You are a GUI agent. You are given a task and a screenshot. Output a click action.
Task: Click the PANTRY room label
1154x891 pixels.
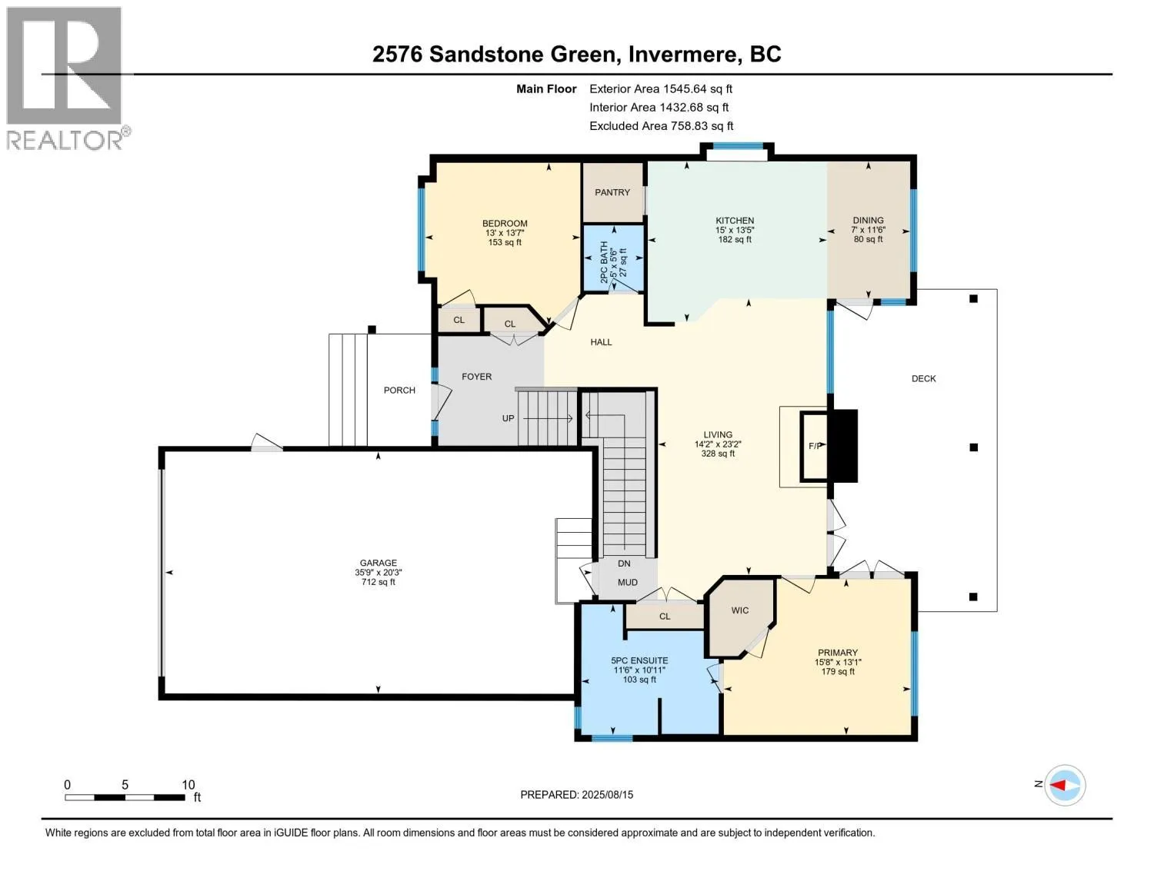coord(612,192)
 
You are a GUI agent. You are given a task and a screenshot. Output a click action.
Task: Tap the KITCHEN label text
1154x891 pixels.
coord(735,220)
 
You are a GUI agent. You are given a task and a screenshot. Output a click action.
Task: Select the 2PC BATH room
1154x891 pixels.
coord(613,258)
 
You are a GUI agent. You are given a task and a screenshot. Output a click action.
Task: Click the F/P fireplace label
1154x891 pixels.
coord(815,446)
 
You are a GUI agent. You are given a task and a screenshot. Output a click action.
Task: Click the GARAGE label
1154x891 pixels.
coord(378,563)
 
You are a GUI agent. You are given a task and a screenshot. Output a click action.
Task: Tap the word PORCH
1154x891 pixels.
coord(399,390)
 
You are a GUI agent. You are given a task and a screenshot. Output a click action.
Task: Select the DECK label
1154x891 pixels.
coord(923,378)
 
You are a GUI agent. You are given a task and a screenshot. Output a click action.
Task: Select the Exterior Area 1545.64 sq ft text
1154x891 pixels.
coord(661,88)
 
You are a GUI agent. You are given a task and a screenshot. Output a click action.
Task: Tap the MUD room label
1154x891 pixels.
coord(627,582)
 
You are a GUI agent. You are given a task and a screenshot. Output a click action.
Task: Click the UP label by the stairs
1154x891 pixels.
coord(509,418)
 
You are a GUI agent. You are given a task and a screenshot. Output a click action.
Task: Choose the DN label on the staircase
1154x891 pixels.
coord(624,564)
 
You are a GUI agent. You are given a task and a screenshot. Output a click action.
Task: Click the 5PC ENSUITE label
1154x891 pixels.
coord(639,660)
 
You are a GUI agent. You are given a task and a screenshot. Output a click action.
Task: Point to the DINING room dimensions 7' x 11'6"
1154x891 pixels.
coord(869,230)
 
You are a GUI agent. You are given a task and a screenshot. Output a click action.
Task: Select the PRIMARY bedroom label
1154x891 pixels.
coord(838,653)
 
